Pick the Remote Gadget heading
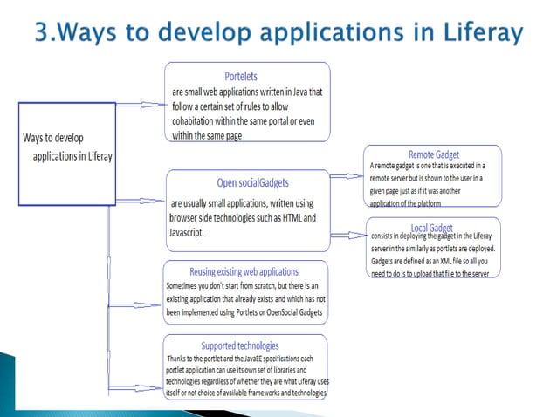[433, 154]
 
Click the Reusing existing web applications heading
[244, 271]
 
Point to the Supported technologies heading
[245, 345]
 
